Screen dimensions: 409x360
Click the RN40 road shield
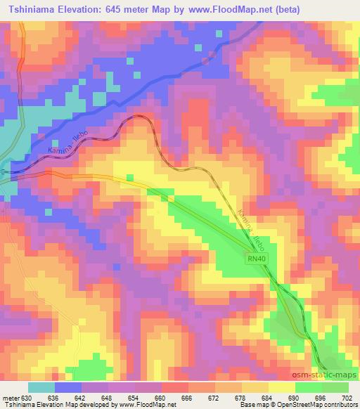[x=256, y=260]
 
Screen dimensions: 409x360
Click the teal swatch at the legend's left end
[x=41, y=387]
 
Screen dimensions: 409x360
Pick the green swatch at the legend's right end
[x=335, y=387]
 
